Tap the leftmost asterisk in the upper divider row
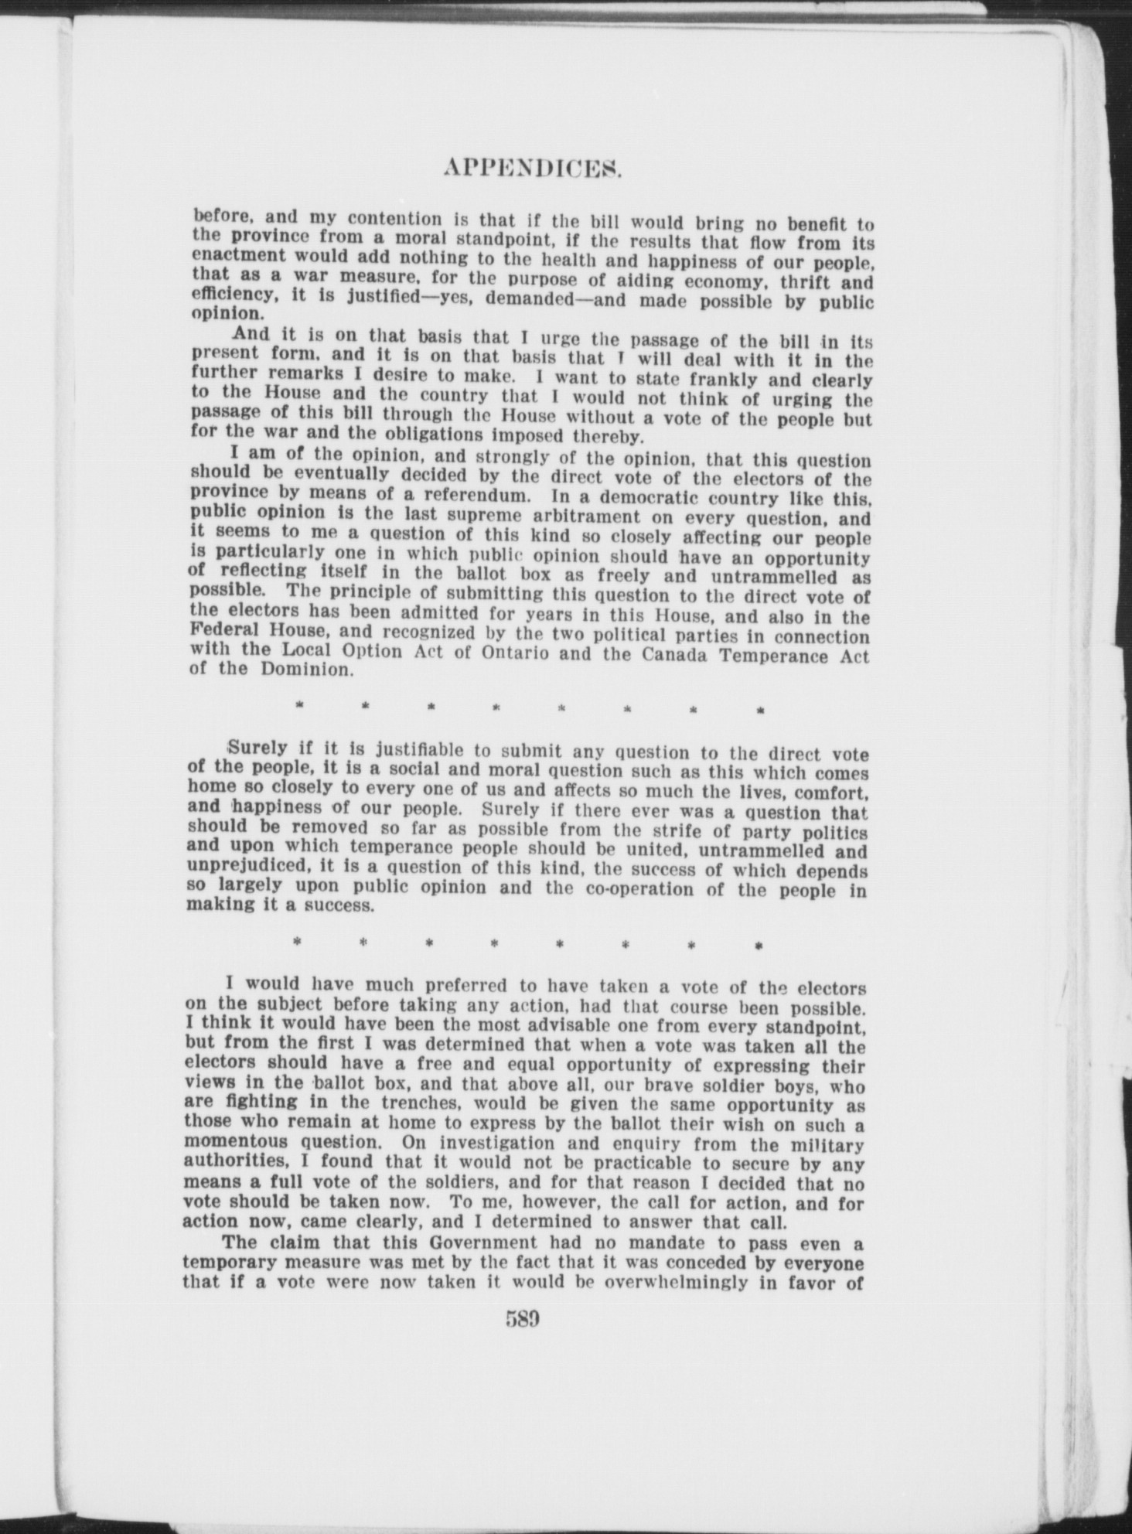[x=298, y=706]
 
